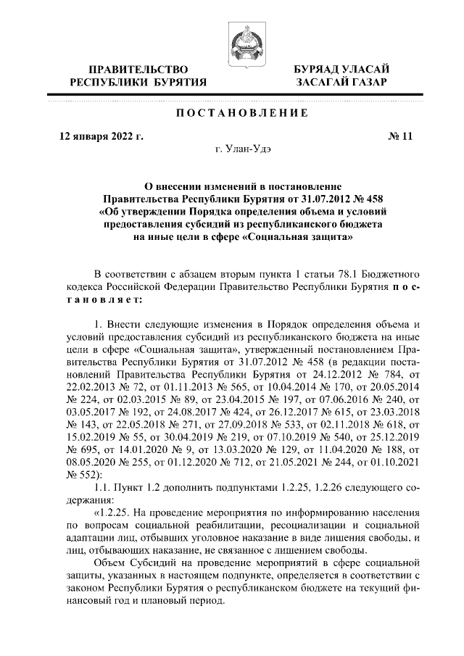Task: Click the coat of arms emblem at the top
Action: pos(241,43)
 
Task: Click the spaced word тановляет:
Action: pos(104,299)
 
